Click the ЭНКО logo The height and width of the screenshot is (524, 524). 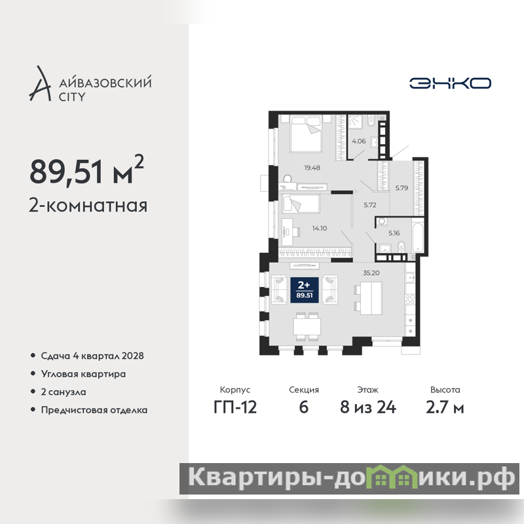point(450,83)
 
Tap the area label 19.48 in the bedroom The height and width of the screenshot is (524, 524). point(312,168)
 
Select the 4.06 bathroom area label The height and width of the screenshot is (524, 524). point(358,141)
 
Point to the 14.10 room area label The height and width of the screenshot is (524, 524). point(320,228)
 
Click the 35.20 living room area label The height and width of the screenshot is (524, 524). point(371,272)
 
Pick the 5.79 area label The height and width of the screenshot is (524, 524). point(402,188)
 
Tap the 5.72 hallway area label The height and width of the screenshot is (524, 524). point(370,205)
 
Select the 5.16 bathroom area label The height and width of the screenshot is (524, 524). point(394,233)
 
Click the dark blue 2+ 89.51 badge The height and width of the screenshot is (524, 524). point(304,290)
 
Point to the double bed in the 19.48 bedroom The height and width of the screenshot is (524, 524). point(306,134)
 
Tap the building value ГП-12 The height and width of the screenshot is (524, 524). point(235,407)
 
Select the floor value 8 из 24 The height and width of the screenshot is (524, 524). point(368,407)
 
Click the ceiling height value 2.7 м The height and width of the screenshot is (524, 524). point(445,407)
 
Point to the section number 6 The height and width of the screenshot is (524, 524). point(303,407)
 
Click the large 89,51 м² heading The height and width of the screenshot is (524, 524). point(86,170)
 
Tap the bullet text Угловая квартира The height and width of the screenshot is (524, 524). point(83,374)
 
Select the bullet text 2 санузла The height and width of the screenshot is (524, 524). point(64,392)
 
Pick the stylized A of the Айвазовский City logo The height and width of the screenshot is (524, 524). point(41,84)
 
